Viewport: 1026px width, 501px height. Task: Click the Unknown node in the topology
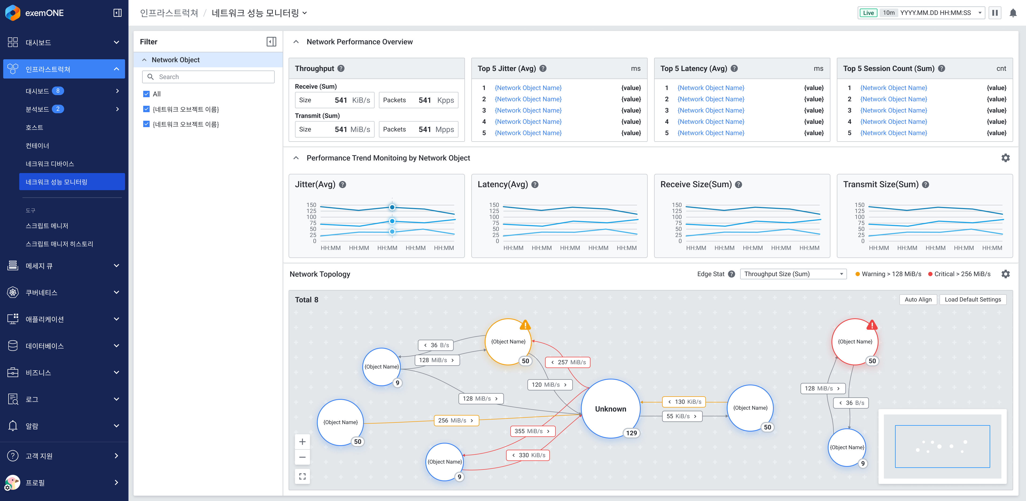610,409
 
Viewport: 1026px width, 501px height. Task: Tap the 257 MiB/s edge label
568,362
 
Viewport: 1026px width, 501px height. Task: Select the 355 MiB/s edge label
532,431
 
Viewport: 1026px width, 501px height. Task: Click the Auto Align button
918,299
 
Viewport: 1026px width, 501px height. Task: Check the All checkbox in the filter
146,94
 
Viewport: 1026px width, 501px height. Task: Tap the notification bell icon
1013,13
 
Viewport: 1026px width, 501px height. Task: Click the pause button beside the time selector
994,13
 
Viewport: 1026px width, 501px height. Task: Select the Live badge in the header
868,13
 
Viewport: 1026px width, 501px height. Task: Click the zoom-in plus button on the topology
302,442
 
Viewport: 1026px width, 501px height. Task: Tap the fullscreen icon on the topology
302,476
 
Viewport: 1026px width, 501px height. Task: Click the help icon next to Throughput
341,68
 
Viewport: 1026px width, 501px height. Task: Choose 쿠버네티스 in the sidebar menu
41,292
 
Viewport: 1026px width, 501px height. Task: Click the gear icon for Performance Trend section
1005,158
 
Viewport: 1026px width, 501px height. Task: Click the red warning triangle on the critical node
872,325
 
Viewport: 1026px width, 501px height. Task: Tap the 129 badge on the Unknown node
631,433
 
